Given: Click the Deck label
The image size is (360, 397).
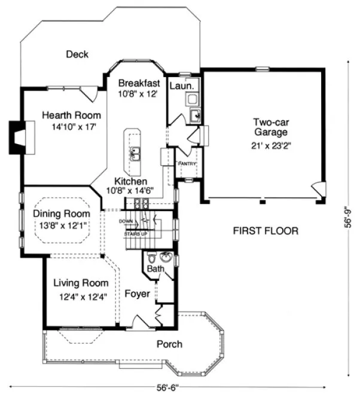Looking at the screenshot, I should click(x=77, y=54).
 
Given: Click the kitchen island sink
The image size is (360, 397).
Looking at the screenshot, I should click(x=135, y=154).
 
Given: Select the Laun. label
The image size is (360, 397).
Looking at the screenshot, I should click(x=182, y=86).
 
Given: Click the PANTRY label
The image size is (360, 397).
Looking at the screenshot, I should click(x=187, y=163).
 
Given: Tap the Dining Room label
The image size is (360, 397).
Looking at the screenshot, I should click(x=62, y=213).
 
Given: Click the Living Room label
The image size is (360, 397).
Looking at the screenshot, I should click(x=81, y=283).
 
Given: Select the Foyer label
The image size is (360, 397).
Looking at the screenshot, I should click(x=137, y=294).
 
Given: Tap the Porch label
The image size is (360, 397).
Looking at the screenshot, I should click(x=169, y=344).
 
